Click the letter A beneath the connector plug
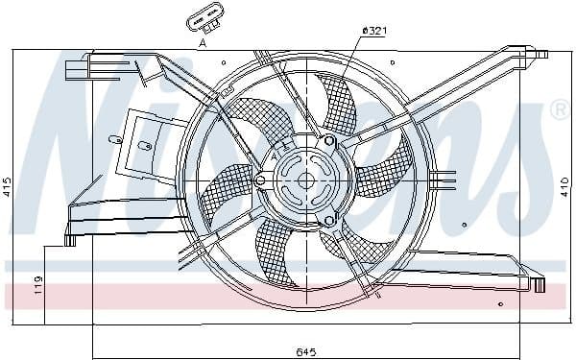[202, 43]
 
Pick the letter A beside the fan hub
[274, 155]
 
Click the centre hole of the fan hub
[306, 180]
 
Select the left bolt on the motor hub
[260, 180]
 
